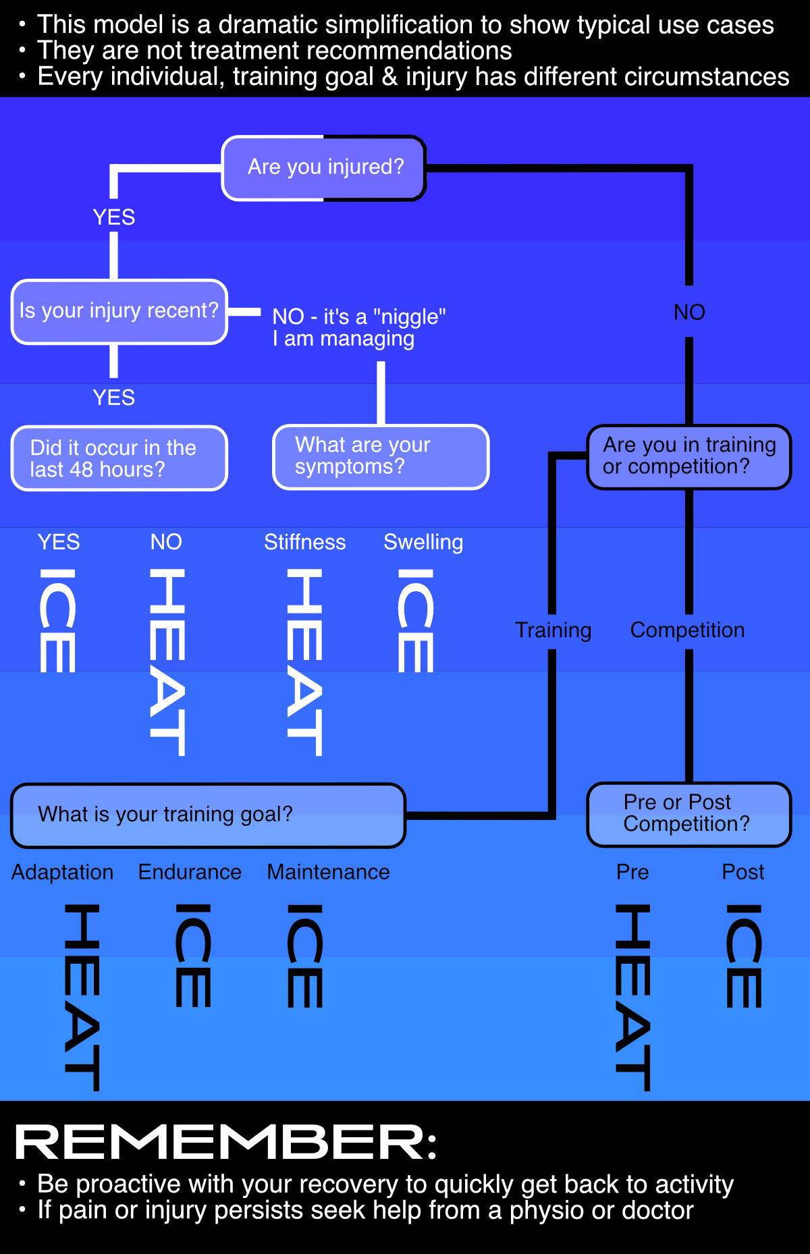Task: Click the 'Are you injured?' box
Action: click(324, 167)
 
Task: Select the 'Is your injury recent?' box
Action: click(119, 311)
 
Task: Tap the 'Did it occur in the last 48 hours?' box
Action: click(119, 458)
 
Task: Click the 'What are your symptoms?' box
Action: click(380, 456)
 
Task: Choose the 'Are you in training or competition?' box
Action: click(688, 456)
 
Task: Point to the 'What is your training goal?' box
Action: click(208, 815)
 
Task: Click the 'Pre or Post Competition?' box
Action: click(688, 813)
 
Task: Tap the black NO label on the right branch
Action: click(689, 312)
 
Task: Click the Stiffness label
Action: click(304, 542)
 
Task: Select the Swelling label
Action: click(423, 542)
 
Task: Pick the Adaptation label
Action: click(62, 872)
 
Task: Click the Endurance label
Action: click(190, 872)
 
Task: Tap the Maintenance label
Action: click(328, 872)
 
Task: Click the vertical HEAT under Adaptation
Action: click(82, 997)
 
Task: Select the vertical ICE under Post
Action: click(744, 956)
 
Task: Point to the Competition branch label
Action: click(687, 630)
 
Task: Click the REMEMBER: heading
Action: click(226, 1143)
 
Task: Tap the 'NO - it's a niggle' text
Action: click(358, 327)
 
